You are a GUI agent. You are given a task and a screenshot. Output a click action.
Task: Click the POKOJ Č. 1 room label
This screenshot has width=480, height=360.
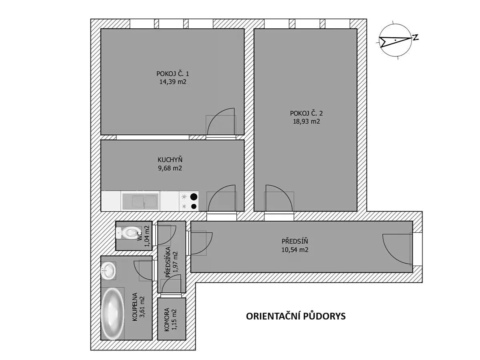172,74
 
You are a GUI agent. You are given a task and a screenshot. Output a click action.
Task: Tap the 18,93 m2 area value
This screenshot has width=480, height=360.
306,121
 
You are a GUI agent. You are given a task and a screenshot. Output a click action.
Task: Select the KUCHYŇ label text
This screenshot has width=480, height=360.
170,160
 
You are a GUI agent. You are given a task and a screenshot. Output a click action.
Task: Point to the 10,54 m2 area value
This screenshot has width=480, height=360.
294,250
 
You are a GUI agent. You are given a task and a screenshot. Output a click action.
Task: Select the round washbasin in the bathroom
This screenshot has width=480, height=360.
108,271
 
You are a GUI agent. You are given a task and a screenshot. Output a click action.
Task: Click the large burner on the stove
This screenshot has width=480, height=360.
194,197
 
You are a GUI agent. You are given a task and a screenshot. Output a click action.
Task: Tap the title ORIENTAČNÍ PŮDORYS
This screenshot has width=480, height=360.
296,316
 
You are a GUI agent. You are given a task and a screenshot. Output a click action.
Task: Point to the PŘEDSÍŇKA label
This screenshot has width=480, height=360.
168,262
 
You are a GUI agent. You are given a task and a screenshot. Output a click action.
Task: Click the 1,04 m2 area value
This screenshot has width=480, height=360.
148,236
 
